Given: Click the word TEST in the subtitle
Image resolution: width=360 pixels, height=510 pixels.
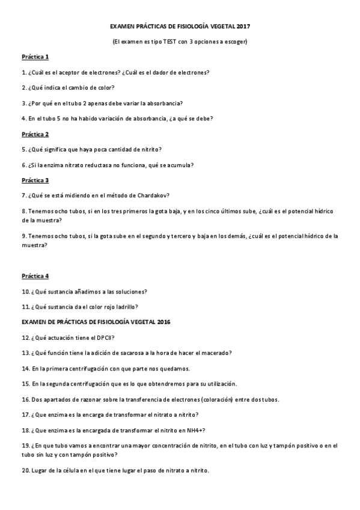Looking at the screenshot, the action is point(169,41).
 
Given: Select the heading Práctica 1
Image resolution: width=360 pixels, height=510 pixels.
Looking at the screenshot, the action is point(35,57).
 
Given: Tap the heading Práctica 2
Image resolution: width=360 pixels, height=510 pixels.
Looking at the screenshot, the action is point(35,134).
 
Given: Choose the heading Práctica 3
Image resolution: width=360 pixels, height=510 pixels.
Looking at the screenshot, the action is point(35,180).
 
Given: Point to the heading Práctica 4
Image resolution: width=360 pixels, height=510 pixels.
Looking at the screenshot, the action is point(35,276).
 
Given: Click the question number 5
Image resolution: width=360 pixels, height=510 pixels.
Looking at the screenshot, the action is point(23,149).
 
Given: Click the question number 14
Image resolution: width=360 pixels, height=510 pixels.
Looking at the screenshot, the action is point(25,368).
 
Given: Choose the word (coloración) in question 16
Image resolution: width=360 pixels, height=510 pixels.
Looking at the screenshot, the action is point(204,399).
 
